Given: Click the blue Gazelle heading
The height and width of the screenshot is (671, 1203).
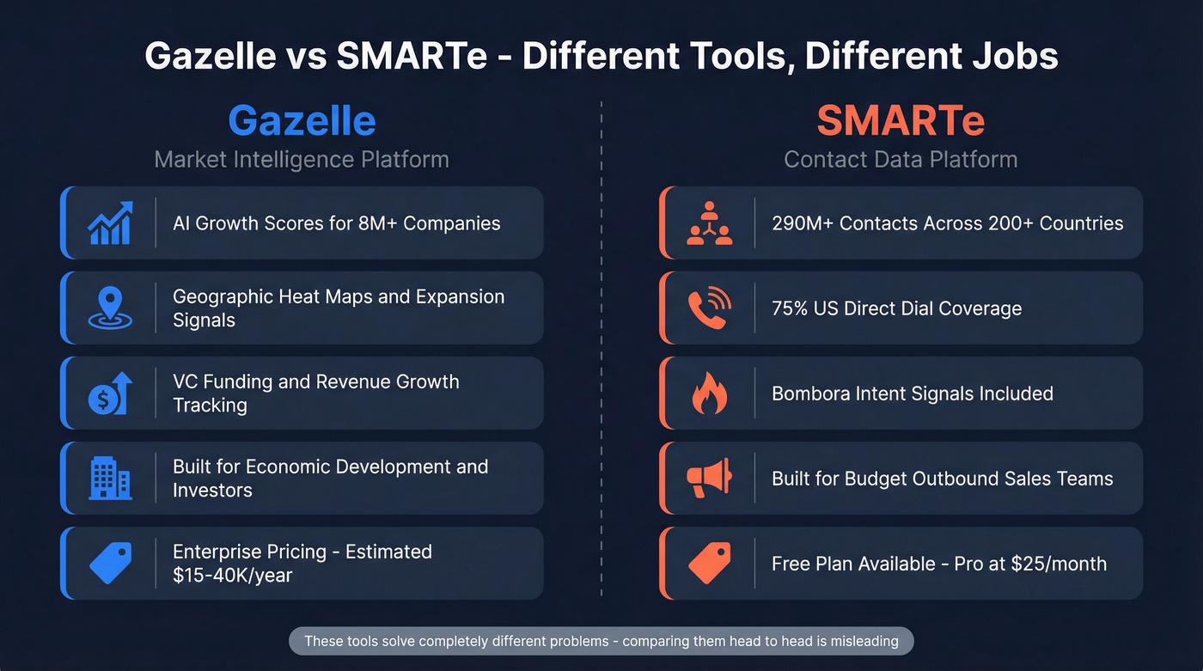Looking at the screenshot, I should click(302, 121).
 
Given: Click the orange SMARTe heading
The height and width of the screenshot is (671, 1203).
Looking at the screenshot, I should click(901, 121).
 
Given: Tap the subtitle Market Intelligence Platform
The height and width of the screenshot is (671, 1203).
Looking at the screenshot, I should click(302, 159).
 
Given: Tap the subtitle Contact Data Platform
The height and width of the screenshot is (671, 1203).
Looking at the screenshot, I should click(901, 159).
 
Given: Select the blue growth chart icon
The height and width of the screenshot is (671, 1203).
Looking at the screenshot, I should click(110, 223).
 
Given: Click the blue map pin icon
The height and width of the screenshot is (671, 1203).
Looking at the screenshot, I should click(110, 308).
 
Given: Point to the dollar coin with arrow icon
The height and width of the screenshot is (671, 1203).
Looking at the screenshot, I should click(110, 393).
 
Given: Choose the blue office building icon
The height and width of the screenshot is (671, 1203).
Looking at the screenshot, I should click(110, 479).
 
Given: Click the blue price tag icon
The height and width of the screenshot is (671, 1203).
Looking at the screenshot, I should click(110, 564).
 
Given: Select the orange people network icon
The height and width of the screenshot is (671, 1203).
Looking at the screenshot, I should click(709, 223).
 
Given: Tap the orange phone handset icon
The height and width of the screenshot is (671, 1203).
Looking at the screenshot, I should click(709, 308).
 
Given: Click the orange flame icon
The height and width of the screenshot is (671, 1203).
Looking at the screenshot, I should click(709, 394).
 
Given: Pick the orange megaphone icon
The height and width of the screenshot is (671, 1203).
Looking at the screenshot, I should click(709, 479).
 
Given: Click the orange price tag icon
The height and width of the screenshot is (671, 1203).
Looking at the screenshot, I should click(709, 564).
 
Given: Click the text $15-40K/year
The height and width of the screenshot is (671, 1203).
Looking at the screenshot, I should click(232, 576).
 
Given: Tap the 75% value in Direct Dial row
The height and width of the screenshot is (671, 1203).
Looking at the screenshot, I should click(791, 308).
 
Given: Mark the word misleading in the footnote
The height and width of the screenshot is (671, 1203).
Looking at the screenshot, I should click(864, 641).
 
